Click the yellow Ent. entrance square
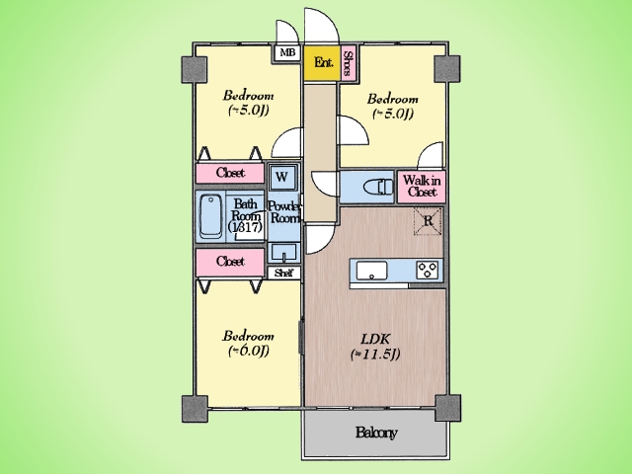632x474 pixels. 323,63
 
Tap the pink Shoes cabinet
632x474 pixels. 349,63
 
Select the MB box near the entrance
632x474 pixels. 287,52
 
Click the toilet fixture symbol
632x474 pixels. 378,187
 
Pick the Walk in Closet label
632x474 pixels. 422,186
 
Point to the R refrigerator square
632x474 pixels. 428,221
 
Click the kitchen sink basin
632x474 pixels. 371,270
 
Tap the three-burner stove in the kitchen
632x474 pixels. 428,270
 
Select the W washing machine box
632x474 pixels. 282,177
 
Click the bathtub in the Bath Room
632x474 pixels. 211,217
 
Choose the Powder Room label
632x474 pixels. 284,212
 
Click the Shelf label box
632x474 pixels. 284,273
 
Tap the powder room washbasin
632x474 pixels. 283,253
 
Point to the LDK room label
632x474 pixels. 375,346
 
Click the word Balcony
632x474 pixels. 376,433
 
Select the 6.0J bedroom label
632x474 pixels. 248,344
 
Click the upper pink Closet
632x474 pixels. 230,173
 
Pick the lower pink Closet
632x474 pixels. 230,262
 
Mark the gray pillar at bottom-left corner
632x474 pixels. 195,409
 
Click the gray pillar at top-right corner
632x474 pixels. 447,68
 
